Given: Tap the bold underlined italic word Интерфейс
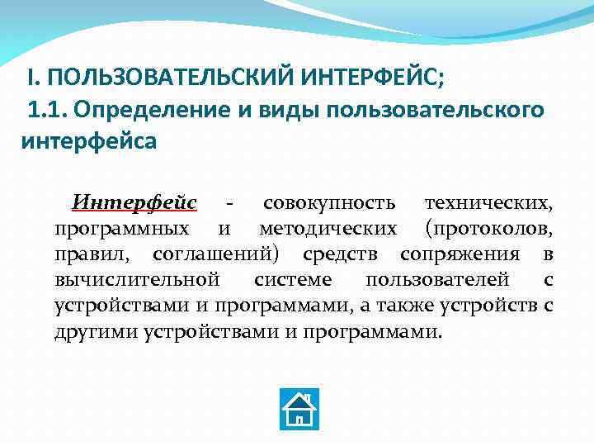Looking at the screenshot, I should tap(134, 202).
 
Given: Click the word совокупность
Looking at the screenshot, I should tap(329, 202).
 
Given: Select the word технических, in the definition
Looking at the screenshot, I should tap(488, 202).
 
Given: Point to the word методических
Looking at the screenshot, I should tap(328, 228).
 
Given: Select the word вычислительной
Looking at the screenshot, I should tap(137, 279).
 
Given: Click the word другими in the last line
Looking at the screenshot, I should tap(96, 332).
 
